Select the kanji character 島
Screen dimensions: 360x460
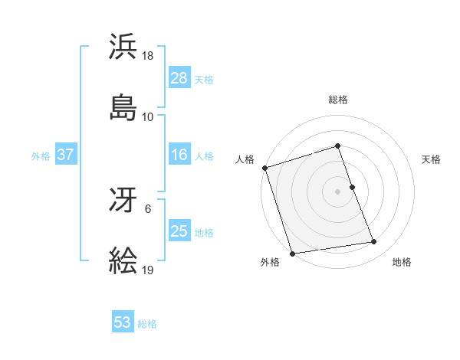tap(123, 106)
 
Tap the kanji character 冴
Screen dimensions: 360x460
tap(123, 201)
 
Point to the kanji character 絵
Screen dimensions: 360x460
tap(123, 261)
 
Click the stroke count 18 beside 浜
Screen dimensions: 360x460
tap(148, 57)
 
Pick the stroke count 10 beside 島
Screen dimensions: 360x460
tap(148, 117)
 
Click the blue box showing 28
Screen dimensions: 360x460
tap(179, 78)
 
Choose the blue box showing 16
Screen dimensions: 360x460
tap(179, 155)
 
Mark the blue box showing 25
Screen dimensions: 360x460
tap(179, 232)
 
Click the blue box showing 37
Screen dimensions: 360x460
tap(66, 155)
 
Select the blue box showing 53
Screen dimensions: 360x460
tap(123, 322)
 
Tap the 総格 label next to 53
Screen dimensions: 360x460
tap(147, 324)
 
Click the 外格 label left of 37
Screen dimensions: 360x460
tap(41, 156)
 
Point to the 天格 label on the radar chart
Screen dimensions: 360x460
tap(431, 159)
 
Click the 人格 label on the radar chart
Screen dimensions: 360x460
tap(245, 159)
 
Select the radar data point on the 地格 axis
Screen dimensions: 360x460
tap(374, 242)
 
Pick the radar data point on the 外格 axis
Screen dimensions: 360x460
tap(291, 252)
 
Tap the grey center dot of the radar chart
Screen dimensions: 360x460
tap(337, 191)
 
